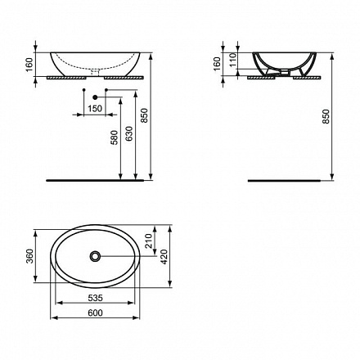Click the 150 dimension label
95,109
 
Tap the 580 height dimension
115,137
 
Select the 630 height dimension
129,133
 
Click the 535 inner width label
95,298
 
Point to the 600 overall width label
95,313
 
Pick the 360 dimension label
29,256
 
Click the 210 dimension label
149,241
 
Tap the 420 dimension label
164,257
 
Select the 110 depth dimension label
232,60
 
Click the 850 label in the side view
326,117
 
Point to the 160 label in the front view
29,65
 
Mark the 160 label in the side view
218,64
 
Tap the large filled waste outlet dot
95,97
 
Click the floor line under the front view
95,180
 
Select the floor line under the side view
284,180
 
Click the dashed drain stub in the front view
95,72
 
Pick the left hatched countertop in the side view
261,78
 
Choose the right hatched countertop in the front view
124,78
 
